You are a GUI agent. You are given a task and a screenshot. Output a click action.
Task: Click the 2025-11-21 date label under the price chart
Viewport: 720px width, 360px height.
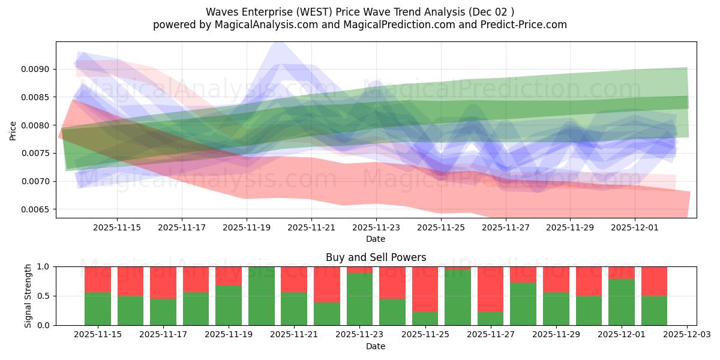tap(311, 228)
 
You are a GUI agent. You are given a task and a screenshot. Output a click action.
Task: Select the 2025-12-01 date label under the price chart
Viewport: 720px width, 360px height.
tap(635, 228)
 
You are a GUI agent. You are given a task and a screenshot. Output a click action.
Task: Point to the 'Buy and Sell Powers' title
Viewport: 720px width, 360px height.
tap(376, 257)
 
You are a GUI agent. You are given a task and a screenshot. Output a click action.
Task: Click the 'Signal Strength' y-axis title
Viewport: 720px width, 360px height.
tap(28, 296)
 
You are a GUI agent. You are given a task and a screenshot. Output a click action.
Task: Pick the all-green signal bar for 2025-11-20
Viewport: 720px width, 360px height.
tap(261, 296)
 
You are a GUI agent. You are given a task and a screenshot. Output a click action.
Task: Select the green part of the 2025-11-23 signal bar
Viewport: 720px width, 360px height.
tap(359, 299)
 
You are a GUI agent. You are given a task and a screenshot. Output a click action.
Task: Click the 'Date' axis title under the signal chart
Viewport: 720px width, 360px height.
tap(376, 346)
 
